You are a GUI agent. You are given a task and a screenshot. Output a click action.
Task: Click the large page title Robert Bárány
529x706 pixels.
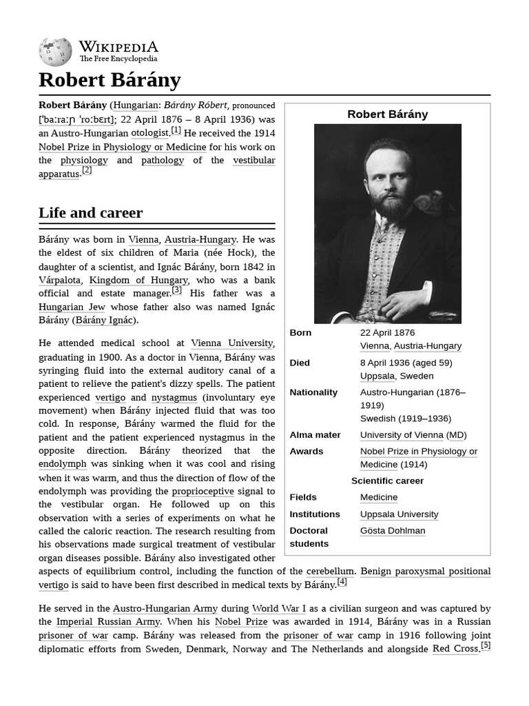110,80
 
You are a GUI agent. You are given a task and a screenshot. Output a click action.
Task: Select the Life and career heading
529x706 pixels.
90,212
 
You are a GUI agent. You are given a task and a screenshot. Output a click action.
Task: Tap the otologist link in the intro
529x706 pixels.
149,132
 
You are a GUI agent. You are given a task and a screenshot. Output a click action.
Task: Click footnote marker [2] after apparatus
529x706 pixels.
87,170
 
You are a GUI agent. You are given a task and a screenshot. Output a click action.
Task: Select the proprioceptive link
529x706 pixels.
203,491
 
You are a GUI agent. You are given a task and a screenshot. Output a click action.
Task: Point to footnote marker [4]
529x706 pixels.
342,581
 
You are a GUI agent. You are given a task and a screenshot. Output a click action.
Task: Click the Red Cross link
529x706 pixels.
455,649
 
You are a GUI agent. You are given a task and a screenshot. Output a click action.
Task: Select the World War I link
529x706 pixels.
279,608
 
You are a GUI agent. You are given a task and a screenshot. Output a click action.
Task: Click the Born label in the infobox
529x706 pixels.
300,332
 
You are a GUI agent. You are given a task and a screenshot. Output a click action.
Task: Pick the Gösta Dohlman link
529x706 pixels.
392,531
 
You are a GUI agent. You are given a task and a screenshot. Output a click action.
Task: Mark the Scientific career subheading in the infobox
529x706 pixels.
387,481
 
